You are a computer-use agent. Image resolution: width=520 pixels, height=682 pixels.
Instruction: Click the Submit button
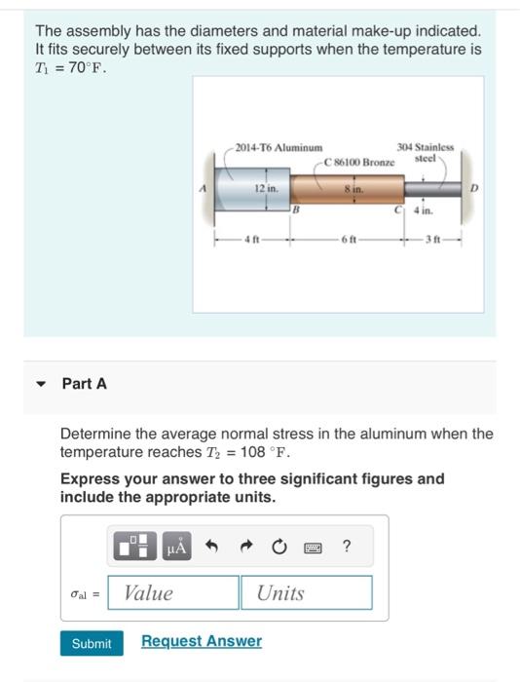92,642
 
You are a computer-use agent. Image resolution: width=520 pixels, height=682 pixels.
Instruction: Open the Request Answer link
201,641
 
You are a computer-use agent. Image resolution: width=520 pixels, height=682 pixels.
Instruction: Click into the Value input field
173,592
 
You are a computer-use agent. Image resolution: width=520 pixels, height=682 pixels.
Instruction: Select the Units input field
306,592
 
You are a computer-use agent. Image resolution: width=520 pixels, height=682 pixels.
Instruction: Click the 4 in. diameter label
423,209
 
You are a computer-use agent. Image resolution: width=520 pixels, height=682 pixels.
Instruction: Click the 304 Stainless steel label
425,150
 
